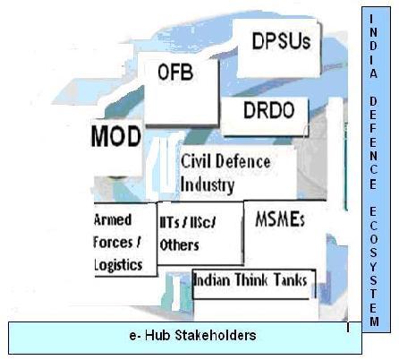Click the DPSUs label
pyautogui.click(x=281, y=41)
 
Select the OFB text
pyautogui.click(x=175, y=73)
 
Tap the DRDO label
pyautogui.click(x=269, y=110)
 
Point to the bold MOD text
pyautogui.click(x=116, y=136)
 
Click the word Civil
pyautogui.click(x=196, y=161)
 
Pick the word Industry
pyautogui.click(x=208, y=185)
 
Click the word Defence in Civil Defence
pyautogui.click(x=243, y=161)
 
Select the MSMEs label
pyautogui.click(x=280, y=219)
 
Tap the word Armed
pyautogui.click(x=113, y=219)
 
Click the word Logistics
pyautogui.click(x=118, y=265)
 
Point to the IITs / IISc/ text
pyautogui.click(x=187, y=223)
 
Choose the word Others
pyautogui.click(x=179, y=245)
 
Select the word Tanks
pyautogui.click(x=290, y=280)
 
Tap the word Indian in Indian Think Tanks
pyautogui.click(x=212, y=280)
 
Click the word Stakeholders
pyautogui.click(x=216, y=335)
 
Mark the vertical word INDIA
pyautogui.click(x=373, y=46)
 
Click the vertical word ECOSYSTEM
pyautogui.click(x=374, y=267)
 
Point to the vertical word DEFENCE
pyautogui.click(x=373, y=143)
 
